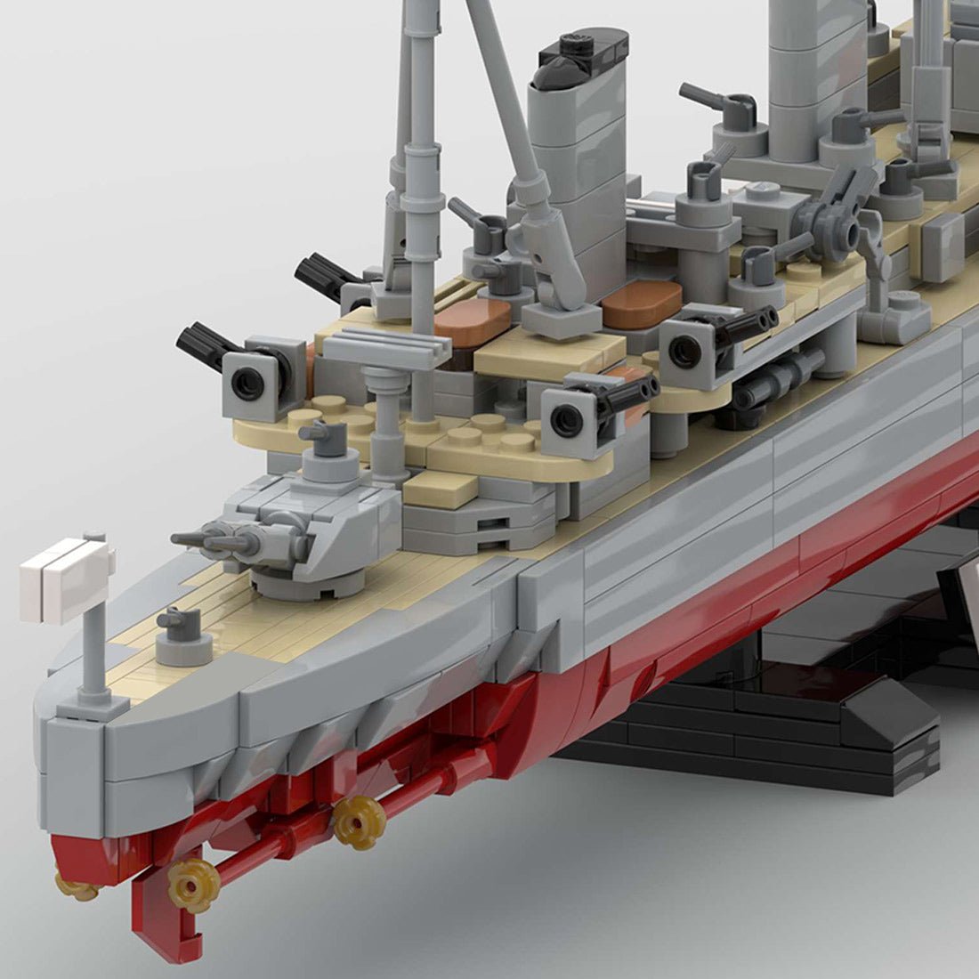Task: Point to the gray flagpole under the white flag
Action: point(94,650)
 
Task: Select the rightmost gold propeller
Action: point(360,819)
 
